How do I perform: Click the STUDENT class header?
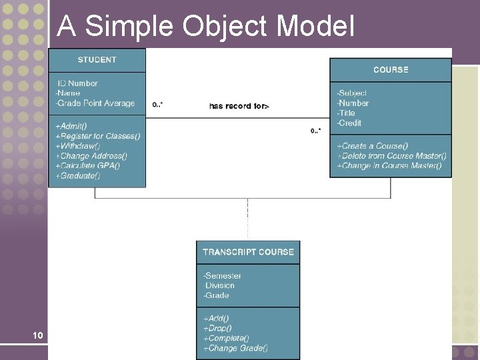coord(97,60)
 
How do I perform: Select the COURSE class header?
coord(391,69)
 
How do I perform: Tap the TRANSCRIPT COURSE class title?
coord(248,252)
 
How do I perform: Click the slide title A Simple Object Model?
coord(205,26)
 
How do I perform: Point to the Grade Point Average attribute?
coord(95,103)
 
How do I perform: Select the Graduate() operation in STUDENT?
coord(77,175)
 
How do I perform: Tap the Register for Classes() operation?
coord(97,136)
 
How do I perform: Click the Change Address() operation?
coord(91,155)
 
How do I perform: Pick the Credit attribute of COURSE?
coord(349,123)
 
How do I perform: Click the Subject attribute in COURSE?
coord(352,93)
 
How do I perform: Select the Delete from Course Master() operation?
coord(391,155)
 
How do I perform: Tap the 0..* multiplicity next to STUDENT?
coord(158,105)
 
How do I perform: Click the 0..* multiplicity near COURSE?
coord(316,131)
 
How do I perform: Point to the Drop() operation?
coord(217,328)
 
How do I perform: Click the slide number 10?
coord(37,335)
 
